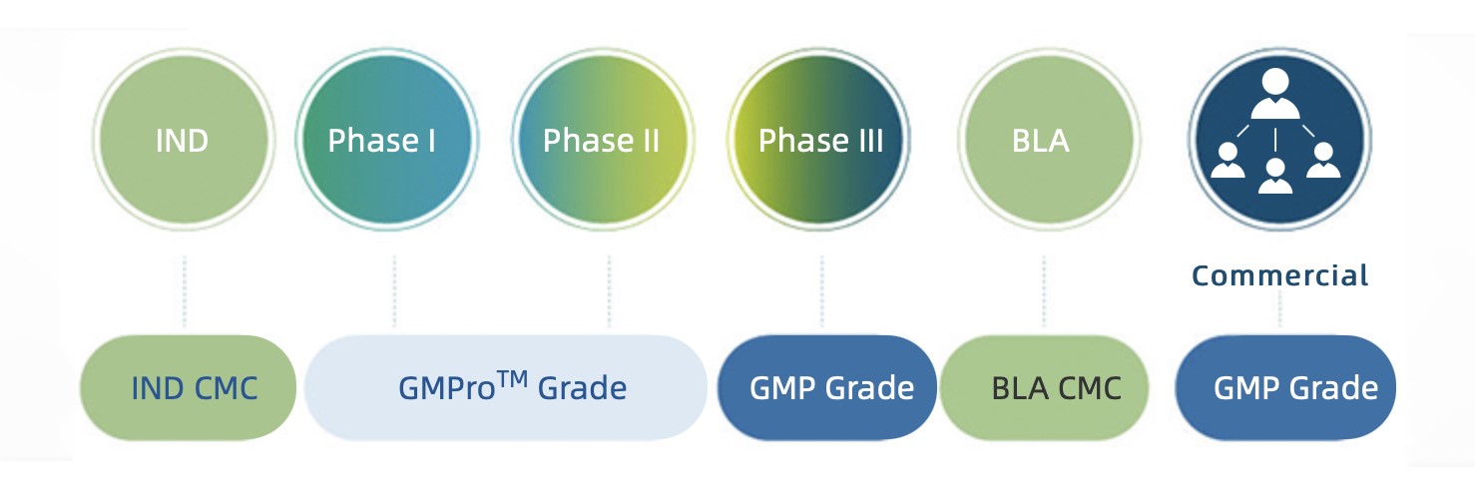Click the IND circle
click(183, 141)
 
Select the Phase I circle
click(382, 141)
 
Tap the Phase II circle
click(601, 141)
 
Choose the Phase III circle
click(820, 141)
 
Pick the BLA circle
click(1042, 141)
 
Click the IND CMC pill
click(188, 387)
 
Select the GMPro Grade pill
click(506, 387)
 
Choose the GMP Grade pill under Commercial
click(1285, 387)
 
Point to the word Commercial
click(1279, 275)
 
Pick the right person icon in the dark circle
click(1323, 160)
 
